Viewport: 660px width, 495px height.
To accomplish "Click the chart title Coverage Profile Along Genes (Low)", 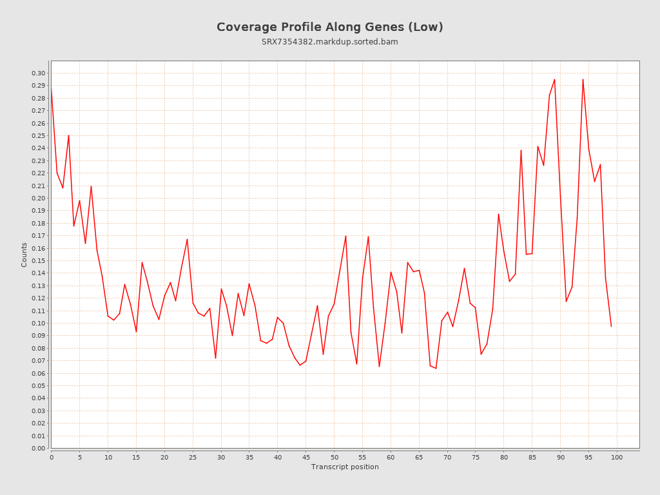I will (329, 27).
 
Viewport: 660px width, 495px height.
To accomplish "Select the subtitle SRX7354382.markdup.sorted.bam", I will (329, 42).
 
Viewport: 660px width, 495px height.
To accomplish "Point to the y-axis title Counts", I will (24, 255).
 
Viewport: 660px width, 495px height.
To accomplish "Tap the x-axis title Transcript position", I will (345, 467).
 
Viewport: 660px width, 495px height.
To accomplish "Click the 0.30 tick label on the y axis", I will (39, 73).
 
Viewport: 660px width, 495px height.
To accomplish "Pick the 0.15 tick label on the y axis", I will (39, 261).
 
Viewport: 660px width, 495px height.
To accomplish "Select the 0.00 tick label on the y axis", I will (39, 449).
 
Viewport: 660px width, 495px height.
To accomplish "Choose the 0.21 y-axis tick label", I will (39, 186).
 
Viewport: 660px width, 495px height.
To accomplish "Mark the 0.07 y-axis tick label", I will (39, 361).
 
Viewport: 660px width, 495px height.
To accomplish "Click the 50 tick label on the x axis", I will (334, 457).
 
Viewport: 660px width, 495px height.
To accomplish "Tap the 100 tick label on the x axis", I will (617, 457).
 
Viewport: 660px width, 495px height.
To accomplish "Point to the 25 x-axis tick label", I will (193, 457).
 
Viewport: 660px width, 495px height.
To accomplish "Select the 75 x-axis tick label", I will (476, 457).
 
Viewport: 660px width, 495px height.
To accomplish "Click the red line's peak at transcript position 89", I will (554, 79).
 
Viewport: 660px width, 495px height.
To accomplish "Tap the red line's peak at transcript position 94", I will (583, 79).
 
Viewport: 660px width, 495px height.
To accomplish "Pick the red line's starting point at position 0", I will (52, 90).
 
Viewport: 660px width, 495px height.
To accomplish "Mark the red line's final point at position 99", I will (611, 326).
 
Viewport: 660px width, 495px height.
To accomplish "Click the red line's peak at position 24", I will (187, 239).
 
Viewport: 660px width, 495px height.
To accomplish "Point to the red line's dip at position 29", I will (215, 358).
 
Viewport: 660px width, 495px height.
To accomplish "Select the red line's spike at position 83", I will (521, 150).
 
